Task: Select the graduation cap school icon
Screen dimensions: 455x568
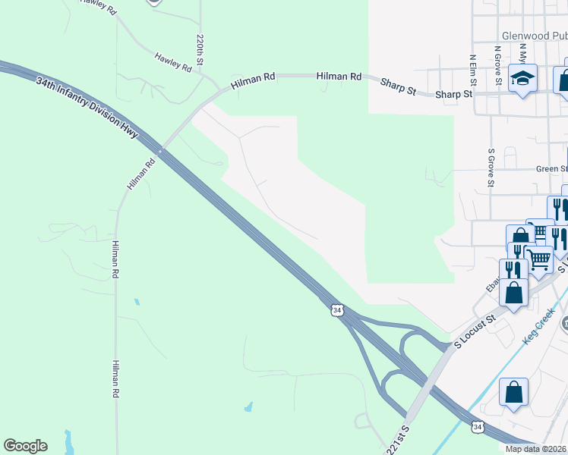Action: [522, 79]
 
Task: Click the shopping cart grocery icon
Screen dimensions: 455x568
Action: [538, 259]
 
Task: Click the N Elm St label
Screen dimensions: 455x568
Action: [472, 67]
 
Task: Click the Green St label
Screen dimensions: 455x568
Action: [551, 169]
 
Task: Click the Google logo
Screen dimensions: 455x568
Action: [25, 446]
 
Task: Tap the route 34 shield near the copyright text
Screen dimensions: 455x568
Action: [476, 428]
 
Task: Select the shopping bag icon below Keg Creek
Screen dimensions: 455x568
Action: [513, 393]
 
